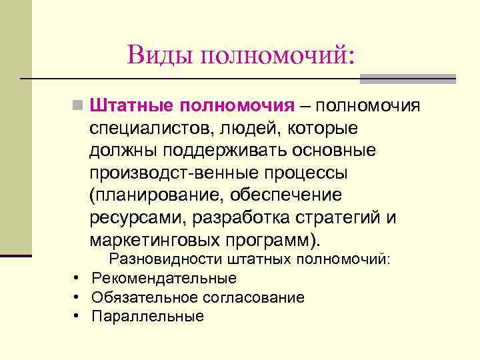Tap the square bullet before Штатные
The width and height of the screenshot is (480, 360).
[79, 106]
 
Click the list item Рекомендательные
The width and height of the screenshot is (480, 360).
[164, 278]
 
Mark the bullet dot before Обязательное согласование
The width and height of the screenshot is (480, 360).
[78, 297]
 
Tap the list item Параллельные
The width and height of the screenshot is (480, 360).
[147, 317]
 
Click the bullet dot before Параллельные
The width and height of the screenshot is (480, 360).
[78, 317]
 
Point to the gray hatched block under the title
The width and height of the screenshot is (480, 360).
[407, 79]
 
